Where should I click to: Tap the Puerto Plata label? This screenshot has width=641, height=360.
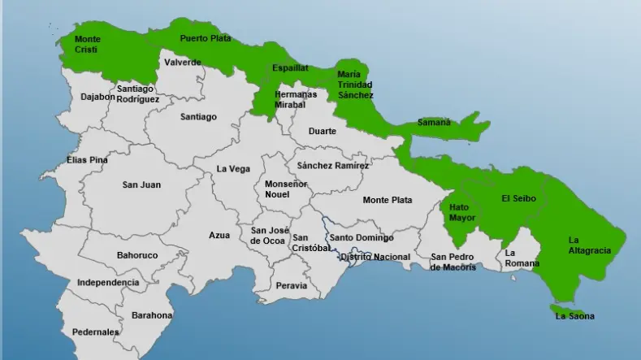206,38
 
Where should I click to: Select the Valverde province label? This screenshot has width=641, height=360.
182,62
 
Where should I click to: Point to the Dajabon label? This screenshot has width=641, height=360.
97,97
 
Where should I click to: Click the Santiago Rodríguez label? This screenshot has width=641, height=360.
137,93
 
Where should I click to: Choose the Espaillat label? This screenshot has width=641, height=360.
290,67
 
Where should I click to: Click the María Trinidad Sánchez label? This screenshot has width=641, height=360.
355,85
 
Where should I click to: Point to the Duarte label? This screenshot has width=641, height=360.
322,131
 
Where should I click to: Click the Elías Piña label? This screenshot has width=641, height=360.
87,160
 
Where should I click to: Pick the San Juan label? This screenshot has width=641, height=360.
141,184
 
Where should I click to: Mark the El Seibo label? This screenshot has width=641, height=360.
517,197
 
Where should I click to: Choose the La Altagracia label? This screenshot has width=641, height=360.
589,245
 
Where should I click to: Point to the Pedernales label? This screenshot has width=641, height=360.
95,332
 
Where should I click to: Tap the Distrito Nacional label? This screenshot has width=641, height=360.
375,257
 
